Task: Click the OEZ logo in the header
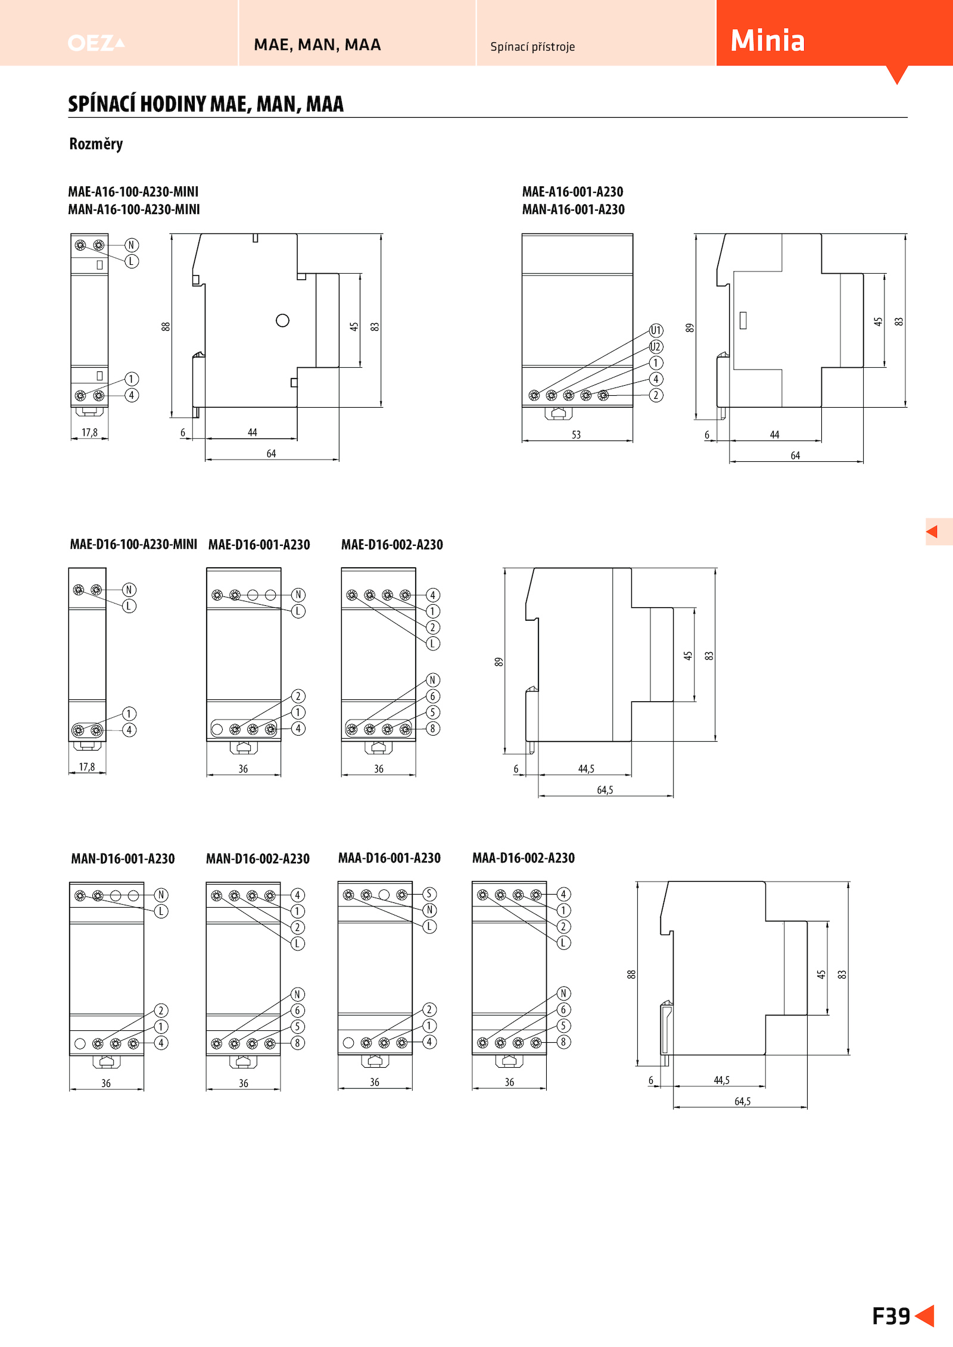(96, 43)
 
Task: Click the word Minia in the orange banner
(767, 40)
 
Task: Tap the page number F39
(891, 1316)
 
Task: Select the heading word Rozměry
(96, 144)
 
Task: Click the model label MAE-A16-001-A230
(572, 192)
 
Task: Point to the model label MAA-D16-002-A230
(523, 858)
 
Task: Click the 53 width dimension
(576, 435)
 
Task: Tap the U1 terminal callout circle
(656, 330)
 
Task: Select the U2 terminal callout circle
(656, 346)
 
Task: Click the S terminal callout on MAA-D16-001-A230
(429, 894)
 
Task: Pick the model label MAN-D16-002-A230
(257, 858)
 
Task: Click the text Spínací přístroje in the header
(532, 46)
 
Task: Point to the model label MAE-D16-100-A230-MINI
(133, 544)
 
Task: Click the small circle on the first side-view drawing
(283, 320)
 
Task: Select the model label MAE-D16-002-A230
(392, 545)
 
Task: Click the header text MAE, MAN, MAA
(317, 45)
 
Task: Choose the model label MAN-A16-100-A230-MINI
(134, 210)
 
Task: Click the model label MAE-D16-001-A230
(259, 545)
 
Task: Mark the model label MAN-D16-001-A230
(123, 858)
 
